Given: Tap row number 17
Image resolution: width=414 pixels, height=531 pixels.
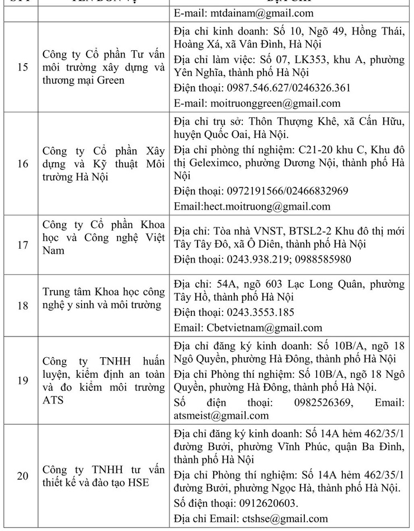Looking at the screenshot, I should tap(22, 244).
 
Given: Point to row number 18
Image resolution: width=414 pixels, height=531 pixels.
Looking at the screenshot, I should tap(22, 305).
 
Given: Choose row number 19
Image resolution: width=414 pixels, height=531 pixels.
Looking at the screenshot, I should tap(22, 380).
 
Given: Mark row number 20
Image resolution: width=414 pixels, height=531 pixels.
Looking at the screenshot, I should tap(22, 476).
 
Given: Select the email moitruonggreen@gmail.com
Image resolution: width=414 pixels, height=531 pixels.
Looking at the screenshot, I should tap(275, 103).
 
